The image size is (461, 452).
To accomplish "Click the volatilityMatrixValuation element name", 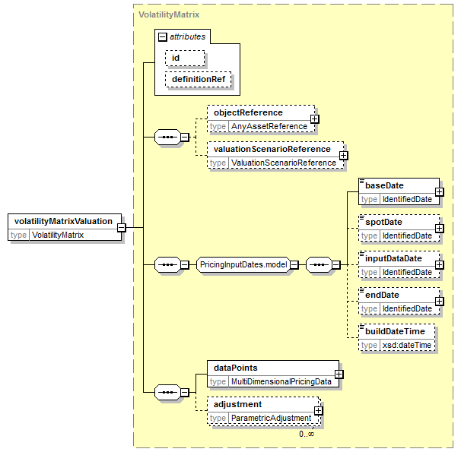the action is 63,221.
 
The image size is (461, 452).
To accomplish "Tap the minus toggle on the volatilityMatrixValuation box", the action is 122,227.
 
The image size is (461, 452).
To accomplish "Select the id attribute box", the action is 185,58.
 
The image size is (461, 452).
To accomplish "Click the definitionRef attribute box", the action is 198,79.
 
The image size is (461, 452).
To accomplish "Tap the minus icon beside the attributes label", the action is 162,37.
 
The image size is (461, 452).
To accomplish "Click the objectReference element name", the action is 248,112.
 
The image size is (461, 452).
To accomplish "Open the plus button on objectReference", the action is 315,119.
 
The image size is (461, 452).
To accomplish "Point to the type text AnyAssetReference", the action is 269,127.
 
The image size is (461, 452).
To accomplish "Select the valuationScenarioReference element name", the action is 272,149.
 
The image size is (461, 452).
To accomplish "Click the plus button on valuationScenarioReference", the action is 343,155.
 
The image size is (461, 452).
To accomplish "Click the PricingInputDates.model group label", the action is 243,264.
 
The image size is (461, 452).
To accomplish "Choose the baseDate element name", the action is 384,185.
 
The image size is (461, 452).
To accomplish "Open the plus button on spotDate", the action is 439,229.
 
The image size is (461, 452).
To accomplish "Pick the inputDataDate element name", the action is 393,258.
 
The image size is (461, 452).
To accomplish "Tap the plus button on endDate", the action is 439,301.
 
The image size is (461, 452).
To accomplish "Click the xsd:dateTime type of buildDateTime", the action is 407,345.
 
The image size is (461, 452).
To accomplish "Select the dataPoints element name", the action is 236,368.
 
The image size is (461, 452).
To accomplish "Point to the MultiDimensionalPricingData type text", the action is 281,381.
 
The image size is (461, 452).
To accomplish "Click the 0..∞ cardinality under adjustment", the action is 307,434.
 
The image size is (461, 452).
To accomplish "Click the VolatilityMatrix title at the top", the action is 169,14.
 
